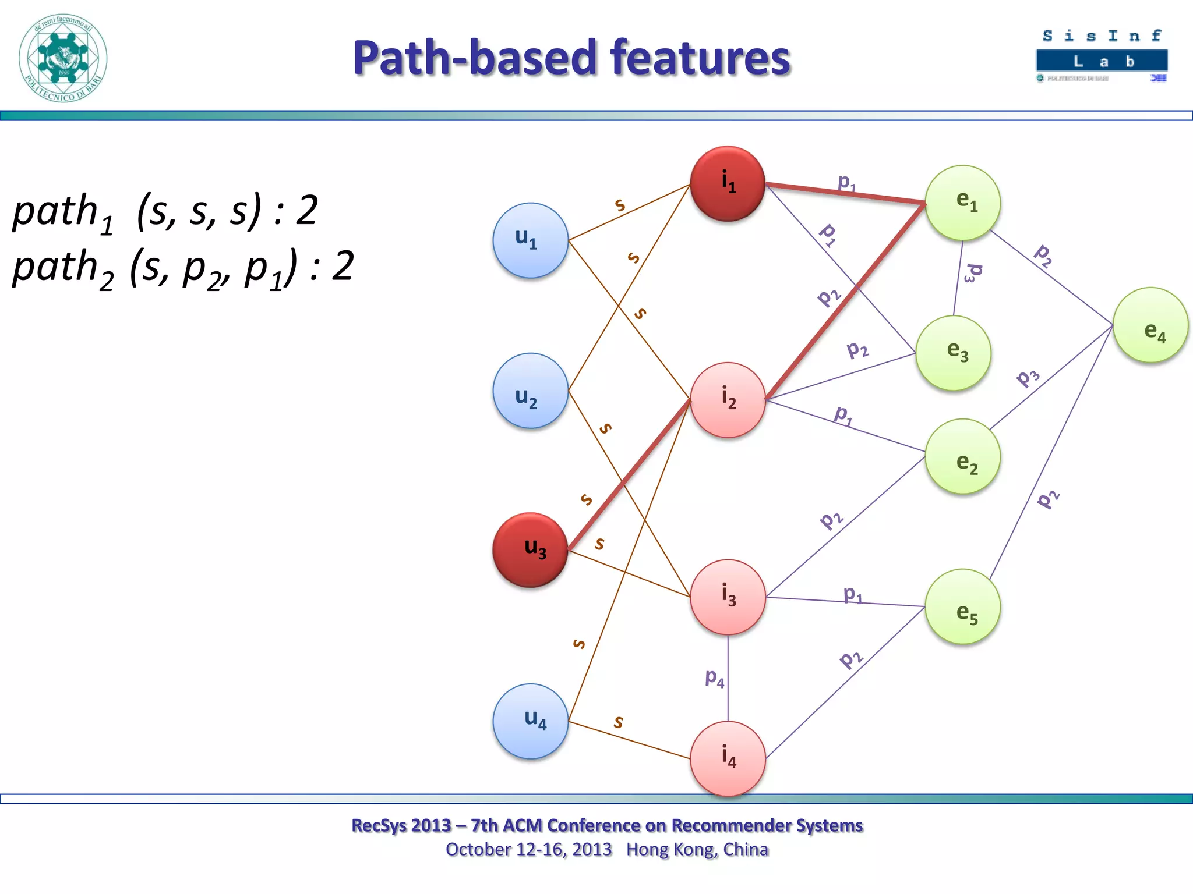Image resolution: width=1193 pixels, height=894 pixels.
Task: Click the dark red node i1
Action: click(728, 183)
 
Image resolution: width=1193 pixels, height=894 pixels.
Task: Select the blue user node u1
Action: click(530, 240)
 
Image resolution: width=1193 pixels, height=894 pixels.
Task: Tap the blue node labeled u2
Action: click(530, 391)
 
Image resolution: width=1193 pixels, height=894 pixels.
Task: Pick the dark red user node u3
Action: click(530, 550)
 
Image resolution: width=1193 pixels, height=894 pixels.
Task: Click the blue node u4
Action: click(530, 721)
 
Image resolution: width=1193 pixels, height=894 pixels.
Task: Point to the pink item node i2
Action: click(728, 400)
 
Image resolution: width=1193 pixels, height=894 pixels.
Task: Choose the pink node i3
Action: click(728, 597)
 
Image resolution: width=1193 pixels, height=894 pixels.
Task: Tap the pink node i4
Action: click(728, 758)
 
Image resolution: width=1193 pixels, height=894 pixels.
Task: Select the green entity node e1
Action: click(962, 203)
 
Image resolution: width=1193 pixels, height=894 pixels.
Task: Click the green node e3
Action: click(953, 353)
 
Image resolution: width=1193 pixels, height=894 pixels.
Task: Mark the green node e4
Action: click(1150, 325)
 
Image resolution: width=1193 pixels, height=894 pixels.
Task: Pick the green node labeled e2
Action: click(962, 456)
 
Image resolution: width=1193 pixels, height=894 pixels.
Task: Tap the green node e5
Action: click(962, 606)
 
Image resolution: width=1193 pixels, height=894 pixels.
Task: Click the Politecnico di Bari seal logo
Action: click(63, 58)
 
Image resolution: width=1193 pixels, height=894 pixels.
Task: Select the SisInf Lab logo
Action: click(1102, 56)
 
